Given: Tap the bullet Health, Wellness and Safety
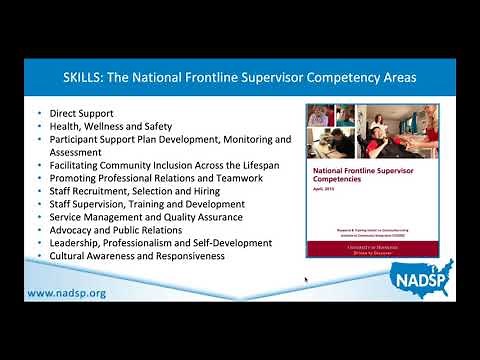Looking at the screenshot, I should coord(111,127).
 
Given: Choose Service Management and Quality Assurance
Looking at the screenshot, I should coord(146,217).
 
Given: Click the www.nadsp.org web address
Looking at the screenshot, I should coord(66,293).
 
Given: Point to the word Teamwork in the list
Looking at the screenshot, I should coord(239,178).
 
